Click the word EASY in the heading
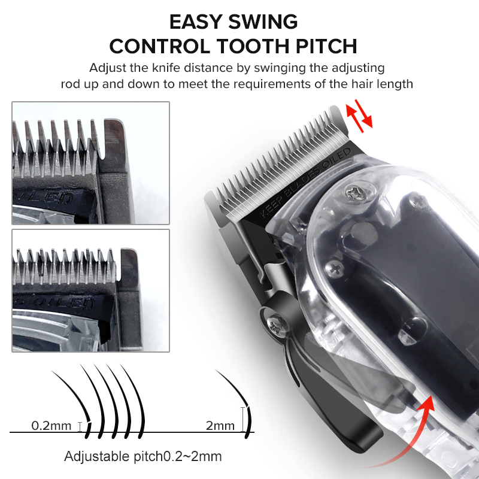[196, 22]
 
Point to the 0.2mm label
[51, 426]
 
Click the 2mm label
[220, 426]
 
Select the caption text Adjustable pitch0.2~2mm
[143, 456]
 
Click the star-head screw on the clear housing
[354, 193]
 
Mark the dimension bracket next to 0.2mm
[80, 426]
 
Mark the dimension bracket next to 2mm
[242, 419]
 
